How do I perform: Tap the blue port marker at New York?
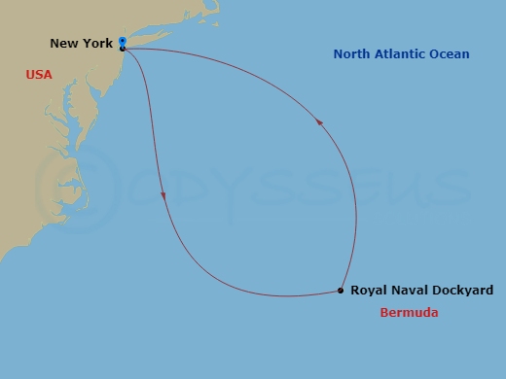coord(122,42)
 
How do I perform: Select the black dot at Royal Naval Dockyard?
coord(340,291)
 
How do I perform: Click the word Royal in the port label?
coord(369,291)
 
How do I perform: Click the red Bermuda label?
coord(409,313)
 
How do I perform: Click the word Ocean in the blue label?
coord(450,54)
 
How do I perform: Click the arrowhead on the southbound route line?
coord(163,195)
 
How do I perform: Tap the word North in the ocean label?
coord(353,54)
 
